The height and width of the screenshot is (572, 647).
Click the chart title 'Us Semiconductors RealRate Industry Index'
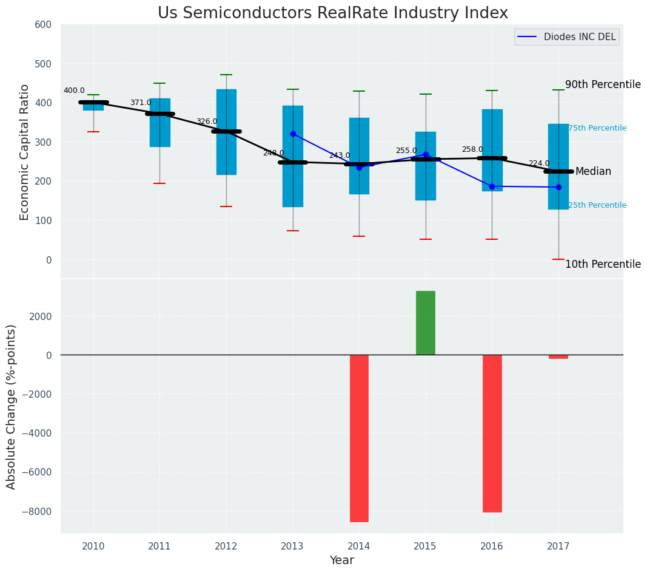point(332,13)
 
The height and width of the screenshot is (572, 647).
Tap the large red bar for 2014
point(359,438)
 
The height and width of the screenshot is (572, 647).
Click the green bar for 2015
point(426,323)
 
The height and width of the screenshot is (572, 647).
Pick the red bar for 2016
point(492,433)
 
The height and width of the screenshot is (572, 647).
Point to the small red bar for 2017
point(558,357)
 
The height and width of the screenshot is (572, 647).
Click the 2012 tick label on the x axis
point(226,546)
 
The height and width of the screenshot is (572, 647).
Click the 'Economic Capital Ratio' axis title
point(25,152)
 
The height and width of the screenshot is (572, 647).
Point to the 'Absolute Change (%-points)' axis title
point(12,406)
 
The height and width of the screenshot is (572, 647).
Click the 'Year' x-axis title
point(342,560)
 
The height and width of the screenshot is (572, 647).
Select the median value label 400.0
point(74,91)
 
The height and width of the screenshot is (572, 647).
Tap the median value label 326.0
point(207,121)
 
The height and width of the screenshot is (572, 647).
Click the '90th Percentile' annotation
point(603,84)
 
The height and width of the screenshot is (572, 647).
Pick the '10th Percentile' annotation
point(603,264)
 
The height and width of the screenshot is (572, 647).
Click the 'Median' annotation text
point(593,172)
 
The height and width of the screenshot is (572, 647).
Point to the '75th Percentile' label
point(597,128)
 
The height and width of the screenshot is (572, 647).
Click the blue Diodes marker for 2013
point(293,134)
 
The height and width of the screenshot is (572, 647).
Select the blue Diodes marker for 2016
point(492,186)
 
